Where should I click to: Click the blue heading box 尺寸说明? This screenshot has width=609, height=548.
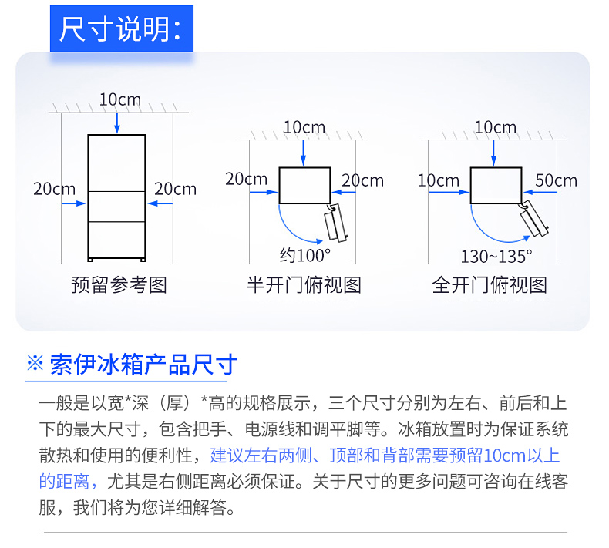(x=122, y=29)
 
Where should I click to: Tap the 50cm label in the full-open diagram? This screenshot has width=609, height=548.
(x=556, y=180)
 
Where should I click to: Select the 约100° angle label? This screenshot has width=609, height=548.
(x=305, y=255)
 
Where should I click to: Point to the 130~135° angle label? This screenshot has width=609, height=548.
(x=496, y=257)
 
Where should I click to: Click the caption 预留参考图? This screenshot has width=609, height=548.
(x=119, y=284)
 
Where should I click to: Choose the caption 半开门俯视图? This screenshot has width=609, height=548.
(x=304, y=284)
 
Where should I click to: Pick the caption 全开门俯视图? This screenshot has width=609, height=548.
(x=490, y=284)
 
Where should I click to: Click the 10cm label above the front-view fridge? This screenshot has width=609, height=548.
(x=120, y=99)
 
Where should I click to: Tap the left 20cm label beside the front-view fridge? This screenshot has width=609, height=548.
(x=55, y=189)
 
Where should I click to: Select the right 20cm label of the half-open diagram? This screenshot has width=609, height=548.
(x=362, y=180)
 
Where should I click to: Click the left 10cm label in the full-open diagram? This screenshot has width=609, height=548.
(x=439, y=180)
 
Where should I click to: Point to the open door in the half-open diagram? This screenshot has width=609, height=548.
(x=336, y=224)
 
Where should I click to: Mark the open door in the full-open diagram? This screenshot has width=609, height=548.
(x=534, y=218)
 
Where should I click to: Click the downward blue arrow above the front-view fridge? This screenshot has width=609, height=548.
(x=117, y=123)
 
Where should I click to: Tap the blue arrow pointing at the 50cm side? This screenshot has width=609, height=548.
(x=540, y=192)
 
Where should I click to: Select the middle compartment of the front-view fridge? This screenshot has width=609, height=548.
(x=116, y=207)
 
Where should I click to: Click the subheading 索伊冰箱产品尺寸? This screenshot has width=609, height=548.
(x=143, y=365)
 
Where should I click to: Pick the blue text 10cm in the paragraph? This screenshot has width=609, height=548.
(x=504, y=456)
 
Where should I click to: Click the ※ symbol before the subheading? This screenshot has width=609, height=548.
(x=35, y=364)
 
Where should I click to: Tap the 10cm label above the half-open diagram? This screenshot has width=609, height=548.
(x=304, y=127)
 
